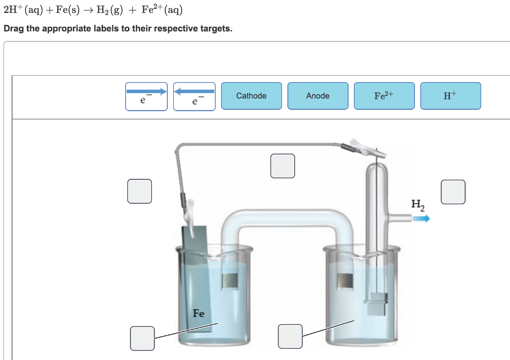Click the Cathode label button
tap(251, 96)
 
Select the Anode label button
tap(318, 96)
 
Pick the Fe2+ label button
tap(384, 96)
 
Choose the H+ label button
tap(450, 96)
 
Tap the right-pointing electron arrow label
tap(146, 96)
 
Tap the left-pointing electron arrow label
tap(194, 96)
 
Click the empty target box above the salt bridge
tap(282, 166)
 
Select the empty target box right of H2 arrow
tap(453, 192)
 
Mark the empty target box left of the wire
tap(139, 192)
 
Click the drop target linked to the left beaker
tap(142, 338)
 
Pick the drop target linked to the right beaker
tap(290, 336)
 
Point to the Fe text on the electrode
tap(198, 313)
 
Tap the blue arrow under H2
tap(420, 218)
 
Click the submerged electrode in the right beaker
tap(377, 304)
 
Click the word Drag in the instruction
tap(13, 28)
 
